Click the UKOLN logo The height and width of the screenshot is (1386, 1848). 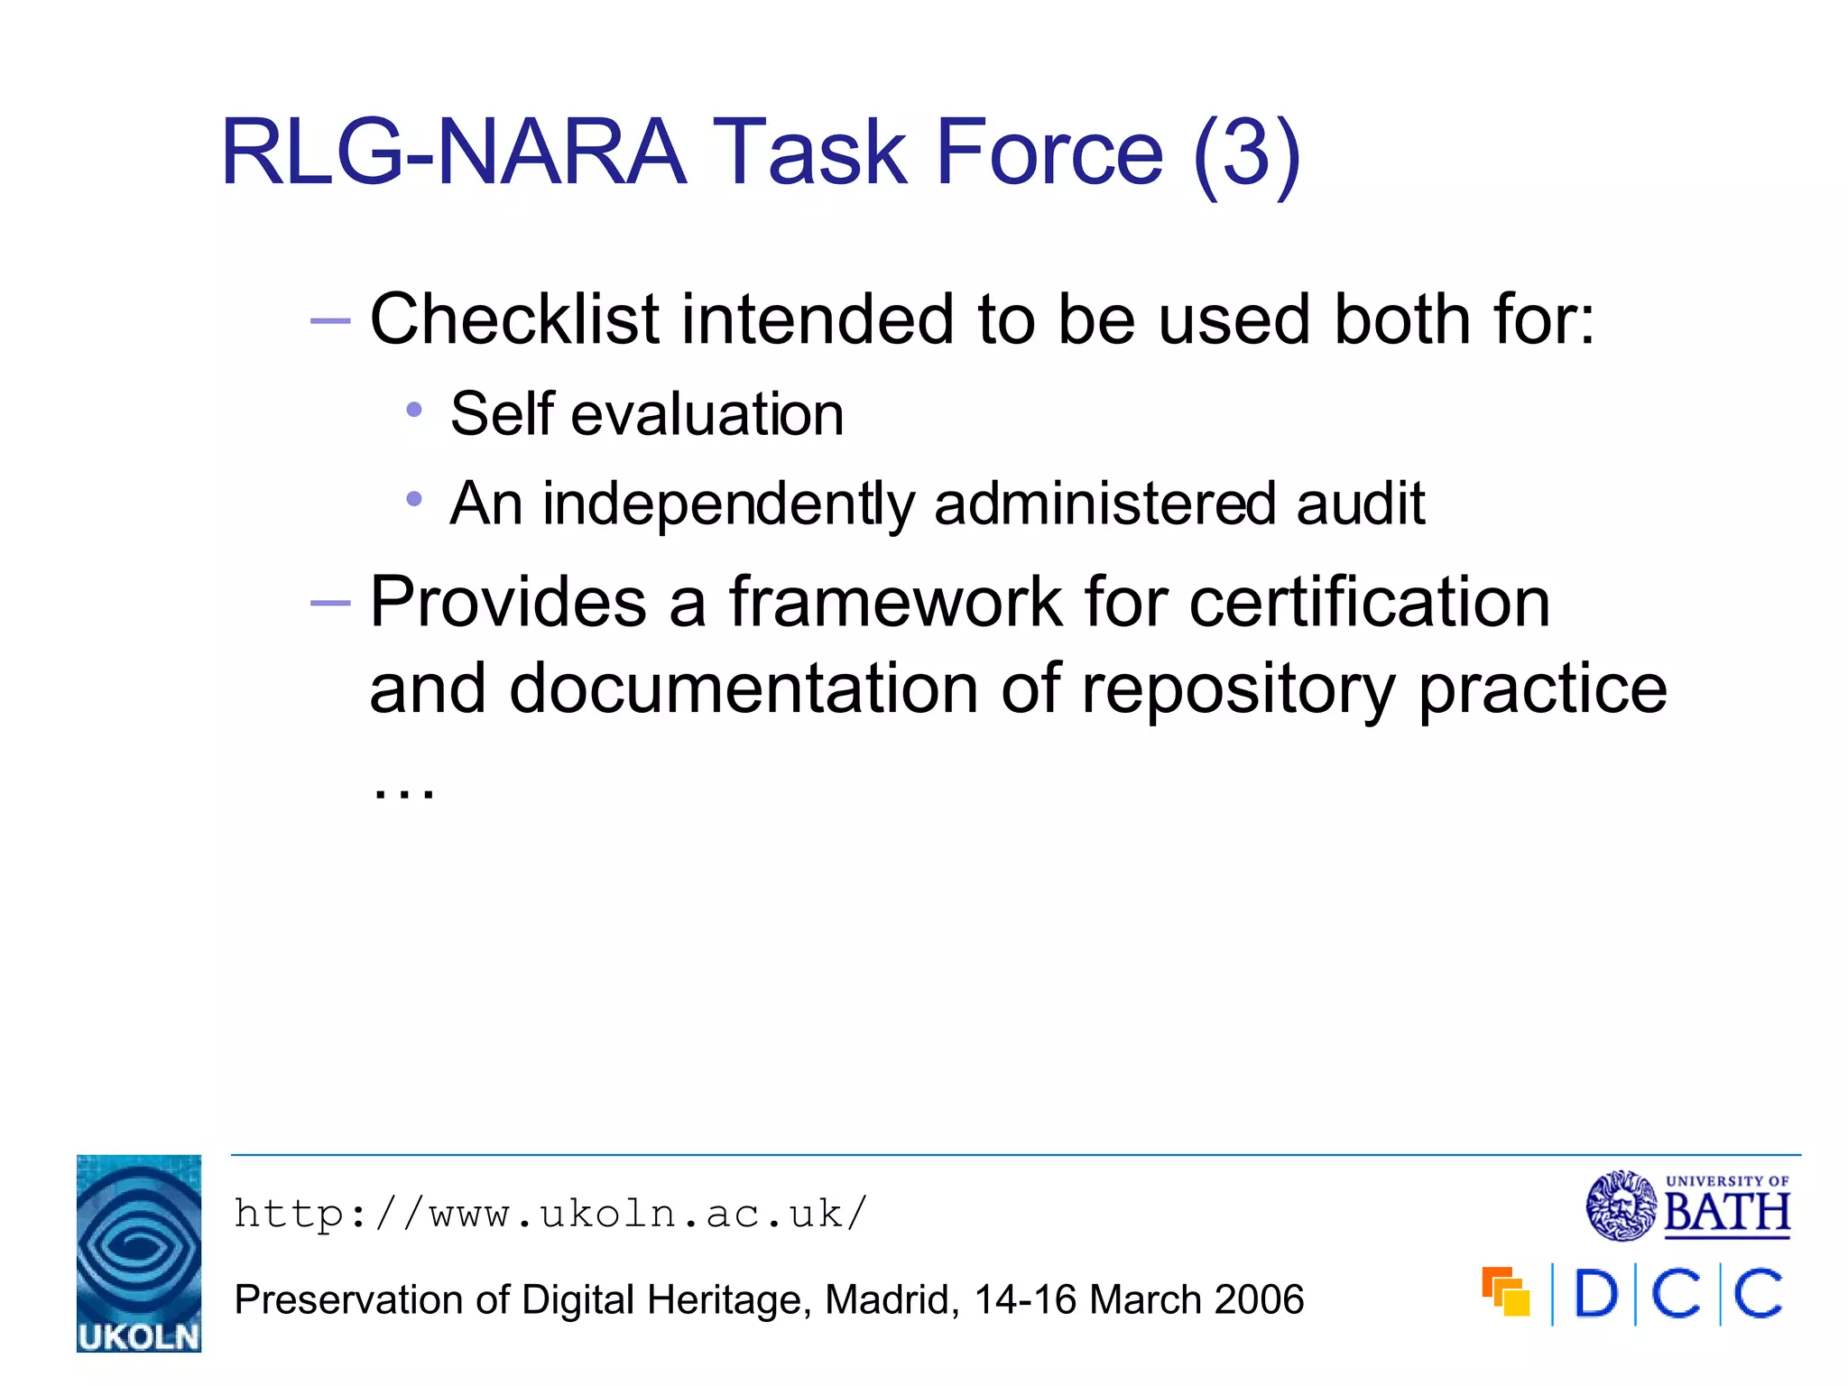pos(138,1252)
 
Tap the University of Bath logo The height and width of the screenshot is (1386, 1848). pos(1687,1206)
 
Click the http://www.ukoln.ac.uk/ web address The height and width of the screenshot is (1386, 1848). pos(550,1214)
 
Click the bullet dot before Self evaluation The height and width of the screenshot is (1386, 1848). pos(414,411)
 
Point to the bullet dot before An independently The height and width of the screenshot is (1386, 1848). pos(414,498)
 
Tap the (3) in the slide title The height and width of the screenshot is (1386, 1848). pos(1246,153)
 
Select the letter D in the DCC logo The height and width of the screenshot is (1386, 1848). pos(1595,1294)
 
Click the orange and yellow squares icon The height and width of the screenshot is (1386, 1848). pos(1505,1291)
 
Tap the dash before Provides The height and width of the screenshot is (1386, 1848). pos(329,603)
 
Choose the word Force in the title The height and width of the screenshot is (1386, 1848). pos(1049,153)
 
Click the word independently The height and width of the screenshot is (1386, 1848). pos(728,504)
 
